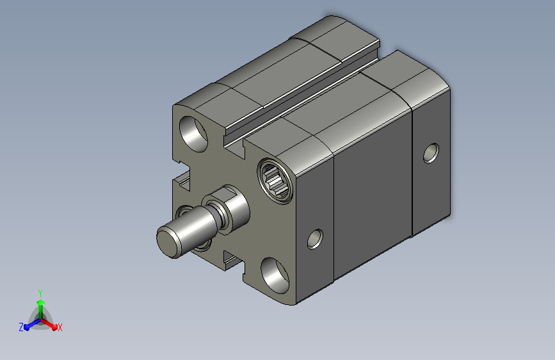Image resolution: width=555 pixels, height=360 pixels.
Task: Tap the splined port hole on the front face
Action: pyautogui.click(x=275, y=181)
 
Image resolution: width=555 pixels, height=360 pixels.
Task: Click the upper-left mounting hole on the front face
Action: pyautogui.click(x=193, y=134)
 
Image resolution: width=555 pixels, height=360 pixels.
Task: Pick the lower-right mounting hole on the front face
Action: pyautogui.click(x=275, y=275)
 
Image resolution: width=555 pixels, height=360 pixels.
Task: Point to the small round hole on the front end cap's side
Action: pyautogui.click(x=315, y=239)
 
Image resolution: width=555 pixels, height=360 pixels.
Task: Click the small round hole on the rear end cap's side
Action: pyautogui.click(x=431, y=153)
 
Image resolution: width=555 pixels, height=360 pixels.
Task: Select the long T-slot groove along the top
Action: pyautogui.click(x=303, y=95)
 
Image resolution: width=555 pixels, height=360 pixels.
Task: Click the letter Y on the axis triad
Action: pyautogui.click(x=40, y=293)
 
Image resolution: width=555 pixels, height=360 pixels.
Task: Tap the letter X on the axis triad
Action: pyautogui.click(x=60, y=327)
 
